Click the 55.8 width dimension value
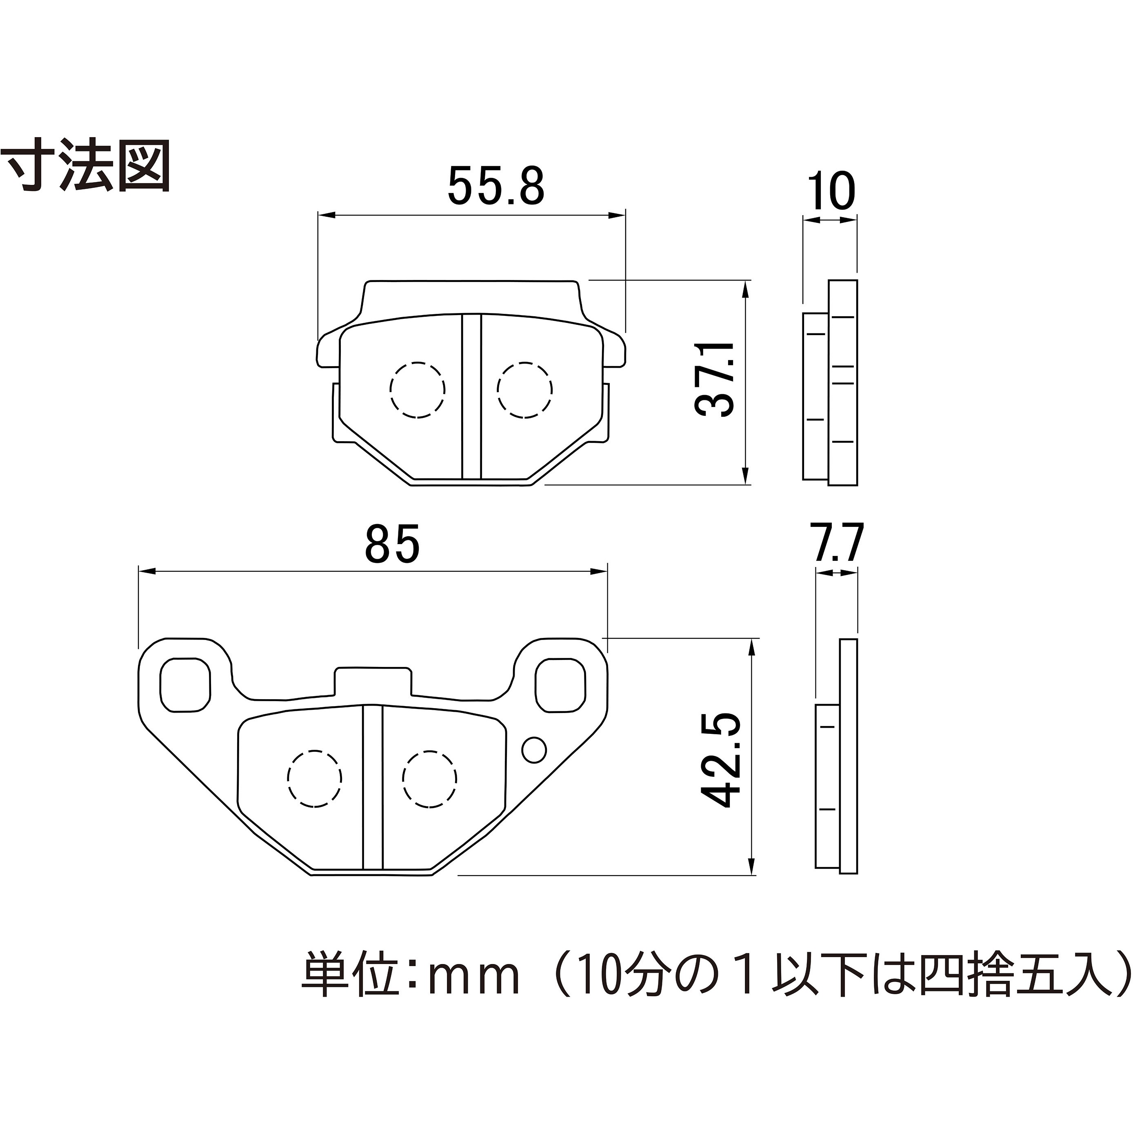(x=496, y=186)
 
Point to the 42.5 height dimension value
(x=721, y=760)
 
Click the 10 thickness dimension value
(x=831, y=191)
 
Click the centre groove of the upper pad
(x=471, y=397)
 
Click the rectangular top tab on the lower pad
(x=372, y=682)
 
